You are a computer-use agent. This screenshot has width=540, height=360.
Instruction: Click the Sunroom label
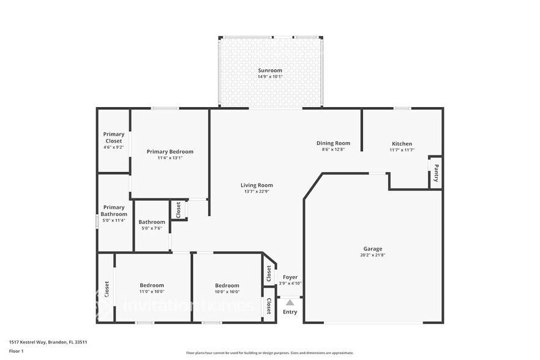click(270, 70)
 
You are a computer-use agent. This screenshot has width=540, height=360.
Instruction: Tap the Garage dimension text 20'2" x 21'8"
click(373, 255)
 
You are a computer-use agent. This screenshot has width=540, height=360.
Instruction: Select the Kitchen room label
click(402, 144)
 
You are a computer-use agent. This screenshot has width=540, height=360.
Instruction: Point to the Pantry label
click(436, 173)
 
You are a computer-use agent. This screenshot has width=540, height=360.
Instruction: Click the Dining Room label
click(333, 143)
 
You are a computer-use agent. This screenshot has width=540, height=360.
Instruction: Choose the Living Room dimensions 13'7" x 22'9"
click(257, 191)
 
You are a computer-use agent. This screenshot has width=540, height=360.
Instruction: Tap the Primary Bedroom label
click(170, 151)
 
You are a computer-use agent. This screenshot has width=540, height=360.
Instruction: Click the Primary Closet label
click(113, 138)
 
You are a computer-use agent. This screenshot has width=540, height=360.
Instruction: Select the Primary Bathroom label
click(114, 211)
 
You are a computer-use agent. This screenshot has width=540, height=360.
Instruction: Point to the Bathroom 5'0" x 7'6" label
click(151, 222)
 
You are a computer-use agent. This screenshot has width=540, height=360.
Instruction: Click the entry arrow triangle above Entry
click(290, 302)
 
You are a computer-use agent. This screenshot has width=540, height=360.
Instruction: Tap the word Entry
click(290, 312)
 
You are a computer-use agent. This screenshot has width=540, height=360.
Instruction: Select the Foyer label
click(290, 277)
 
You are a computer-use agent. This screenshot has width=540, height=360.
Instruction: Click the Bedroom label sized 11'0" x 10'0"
click(152, 285)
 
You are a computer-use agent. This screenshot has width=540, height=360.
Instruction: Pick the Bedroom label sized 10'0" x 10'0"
click(227, 285)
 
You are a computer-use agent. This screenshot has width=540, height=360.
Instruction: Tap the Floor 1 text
click(16, 351)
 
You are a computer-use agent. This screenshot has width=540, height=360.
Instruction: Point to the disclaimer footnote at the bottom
click(270, 353)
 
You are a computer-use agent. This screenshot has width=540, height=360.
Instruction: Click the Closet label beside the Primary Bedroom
click(178, 210)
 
